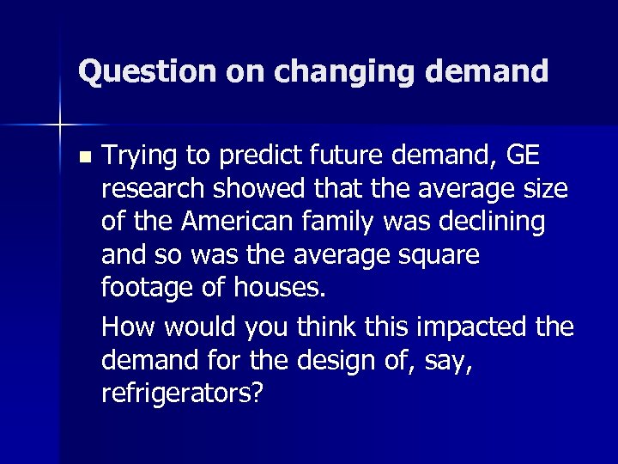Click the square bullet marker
pos(82,157)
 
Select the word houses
pos(281,286)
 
